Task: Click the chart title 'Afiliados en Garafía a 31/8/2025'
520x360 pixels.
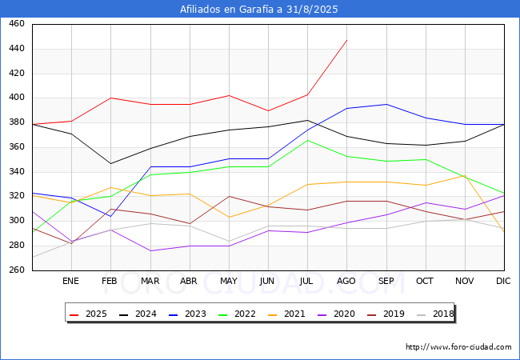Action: [x=259, y=10]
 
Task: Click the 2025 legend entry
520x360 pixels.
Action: [x=88, y=314]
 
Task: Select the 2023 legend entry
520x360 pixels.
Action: [x=187, y=314]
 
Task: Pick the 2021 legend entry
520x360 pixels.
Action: [x=286, y=314]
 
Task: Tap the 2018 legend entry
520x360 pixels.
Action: [x=435, y=314]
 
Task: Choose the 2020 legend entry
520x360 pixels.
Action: [x=336, y=314]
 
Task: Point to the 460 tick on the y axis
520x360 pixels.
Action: [x=17, y=23]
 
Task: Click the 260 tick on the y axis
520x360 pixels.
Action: [x=17, y=270]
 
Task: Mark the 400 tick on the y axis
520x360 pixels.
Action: [x=17, y=98]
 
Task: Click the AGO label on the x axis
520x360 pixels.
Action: [x=346, y=281]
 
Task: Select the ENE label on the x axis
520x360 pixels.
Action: [x=70, y=281]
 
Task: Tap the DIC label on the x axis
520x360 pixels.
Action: [x=503, y=281]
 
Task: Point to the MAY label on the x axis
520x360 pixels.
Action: [x=229, y=281]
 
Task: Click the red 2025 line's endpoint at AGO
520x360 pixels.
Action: [x=347, y=40]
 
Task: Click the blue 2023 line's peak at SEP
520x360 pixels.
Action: [x=386, y=105]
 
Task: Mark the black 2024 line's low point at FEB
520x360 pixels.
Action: [x=110, y=164]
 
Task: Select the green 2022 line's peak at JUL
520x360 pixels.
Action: [x=308, y=140]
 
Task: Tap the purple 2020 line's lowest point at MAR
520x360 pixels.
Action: [x=150, y=251]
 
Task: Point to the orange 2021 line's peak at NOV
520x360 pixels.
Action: [x=465, y=176]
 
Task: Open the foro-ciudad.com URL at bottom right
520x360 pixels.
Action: [x=458, y=347]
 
